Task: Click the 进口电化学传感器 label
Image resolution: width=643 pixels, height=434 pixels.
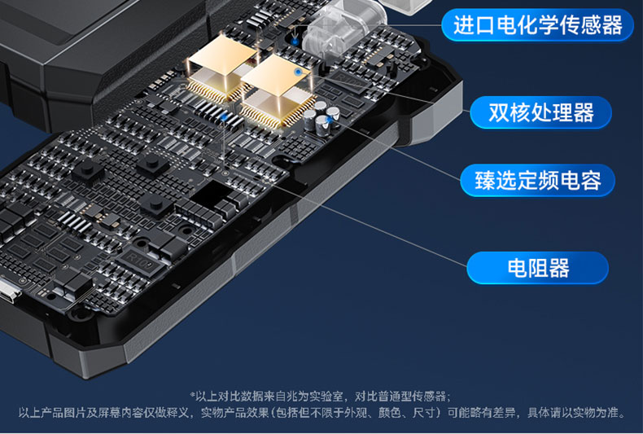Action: coord(537,25)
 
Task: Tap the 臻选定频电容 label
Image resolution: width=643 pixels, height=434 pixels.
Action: coord(537,180)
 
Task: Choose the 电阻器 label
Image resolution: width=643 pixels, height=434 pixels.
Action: coord(537,267)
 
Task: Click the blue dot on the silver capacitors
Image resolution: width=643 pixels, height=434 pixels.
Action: coord(330,120)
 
